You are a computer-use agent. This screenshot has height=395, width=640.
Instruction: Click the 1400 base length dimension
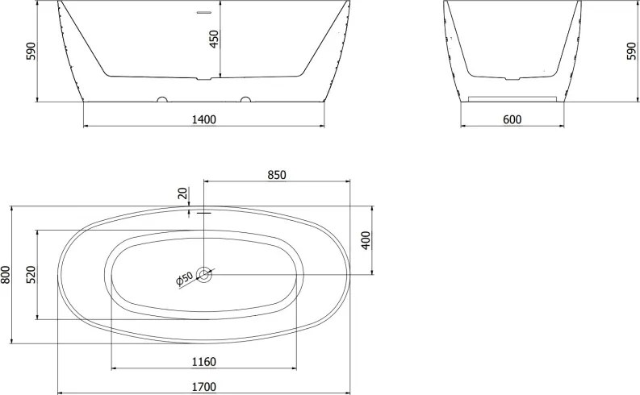pos(203,119)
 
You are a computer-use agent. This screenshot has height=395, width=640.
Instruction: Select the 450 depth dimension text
pos(215,39)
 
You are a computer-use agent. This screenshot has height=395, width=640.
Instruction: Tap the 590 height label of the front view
pos(31,51)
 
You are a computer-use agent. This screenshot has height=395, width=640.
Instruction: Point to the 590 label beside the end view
pos(631,51)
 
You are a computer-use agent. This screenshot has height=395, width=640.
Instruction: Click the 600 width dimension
pos(512,119)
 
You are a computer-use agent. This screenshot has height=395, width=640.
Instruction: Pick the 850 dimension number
pos(277,175)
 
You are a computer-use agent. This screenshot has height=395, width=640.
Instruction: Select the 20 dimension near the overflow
pos(183,193)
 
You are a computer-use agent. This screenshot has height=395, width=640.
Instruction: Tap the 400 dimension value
pos(366,240)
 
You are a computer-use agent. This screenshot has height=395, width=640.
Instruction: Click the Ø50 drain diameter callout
pos(185,278)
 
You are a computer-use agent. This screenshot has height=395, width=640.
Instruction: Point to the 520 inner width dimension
pos(31,274)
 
